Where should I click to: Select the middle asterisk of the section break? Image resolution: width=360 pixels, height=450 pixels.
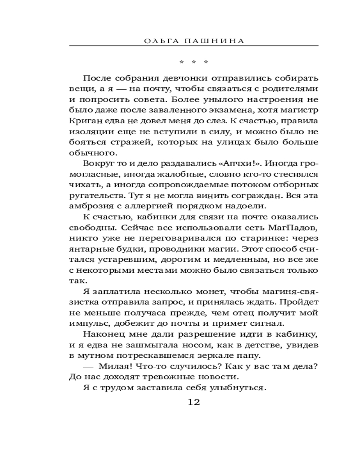tap(193, 62)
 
